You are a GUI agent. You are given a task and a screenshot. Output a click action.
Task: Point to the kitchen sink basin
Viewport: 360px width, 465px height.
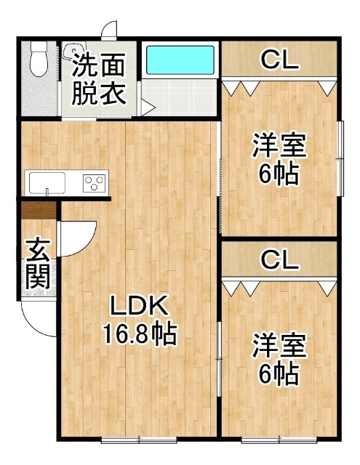(46, 181)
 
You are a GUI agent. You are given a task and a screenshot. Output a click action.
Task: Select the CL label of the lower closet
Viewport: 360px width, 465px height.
(279, 259)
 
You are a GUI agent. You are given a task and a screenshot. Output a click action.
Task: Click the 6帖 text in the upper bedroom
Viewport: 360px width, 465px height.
(279, 174)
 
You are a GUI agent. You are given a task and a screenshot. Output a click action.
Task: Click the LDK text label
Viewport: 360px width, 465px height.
(139, 306)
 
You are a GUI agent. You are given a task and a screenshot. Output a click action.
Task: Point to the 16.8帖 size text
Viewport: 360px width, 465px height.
(139, 333)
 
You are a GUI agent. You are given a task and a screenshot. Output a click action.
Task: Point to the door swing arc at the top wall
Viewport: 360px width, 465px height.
(109, 31)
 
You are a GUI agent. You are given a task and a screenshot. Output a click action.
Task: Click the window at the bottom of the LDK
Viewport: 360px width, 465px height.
(137, 439)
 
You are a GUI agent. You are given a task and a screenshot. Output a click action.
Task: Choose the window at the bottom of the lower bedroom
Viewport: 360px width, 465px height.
(279, 439)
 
